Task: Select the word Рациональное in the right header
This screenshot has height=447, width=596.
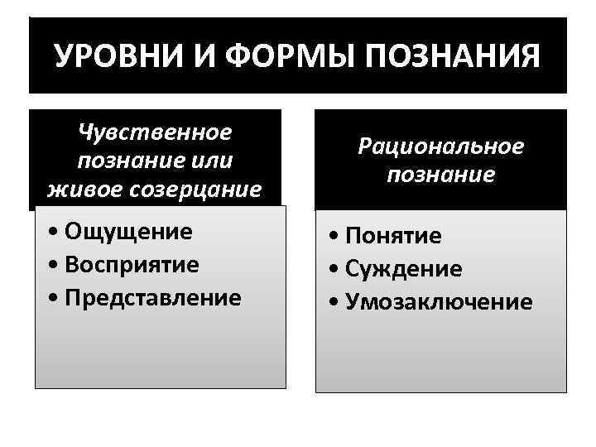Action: point(440,147)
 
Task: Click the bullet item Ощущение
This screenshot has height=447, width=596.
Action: point(127,231)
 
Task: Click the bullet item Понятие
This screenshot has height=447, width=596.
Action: point(393,237)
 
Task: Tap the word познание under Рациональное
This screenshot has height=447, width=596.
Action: point(440,175)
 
